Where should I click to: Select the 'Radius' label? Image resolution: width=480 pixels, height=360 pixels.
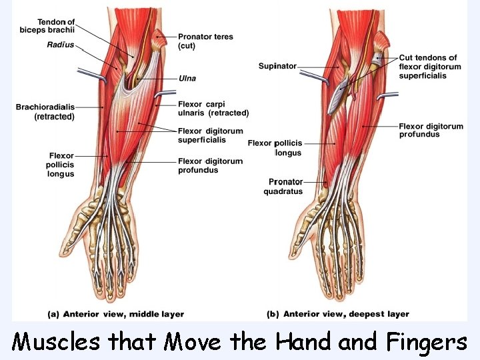click(x=61, y=45)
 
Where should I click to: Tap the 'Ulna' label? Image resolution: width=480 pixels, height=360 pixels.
click(x=187, y=78)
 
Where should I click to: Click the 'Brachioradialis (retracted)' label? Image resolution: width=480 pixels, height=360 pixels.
click(x=45, y=111)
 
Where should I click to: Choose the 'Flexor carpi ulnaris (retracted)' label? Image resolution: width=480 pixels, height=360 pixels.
click(x=213, y=109)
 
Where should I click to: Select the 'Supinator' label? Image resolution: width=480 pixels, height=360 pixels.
click(x=277, y=66)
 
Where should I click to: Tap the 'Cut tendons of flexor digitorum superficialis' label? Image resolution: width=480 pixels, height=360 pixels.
click(x=431, y=67)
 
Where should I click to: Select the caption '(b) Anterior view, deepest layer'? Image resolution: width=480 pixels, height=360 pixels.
click(x=338, y=314)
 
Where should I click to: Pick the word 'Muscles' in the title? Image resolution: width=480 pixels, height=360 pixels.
click(x=56, y=343)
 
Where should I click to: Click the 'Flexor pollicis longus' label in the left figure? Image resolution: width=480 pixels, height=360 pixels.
click(x=61, y=165)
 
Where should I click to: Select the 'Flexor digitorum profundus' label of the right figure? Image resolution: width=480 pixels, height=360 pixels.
click(x=429, y=130)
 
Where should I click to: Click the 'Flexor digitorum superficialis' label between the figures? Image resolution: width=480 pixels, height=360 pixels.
click(x=210, y=135)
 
